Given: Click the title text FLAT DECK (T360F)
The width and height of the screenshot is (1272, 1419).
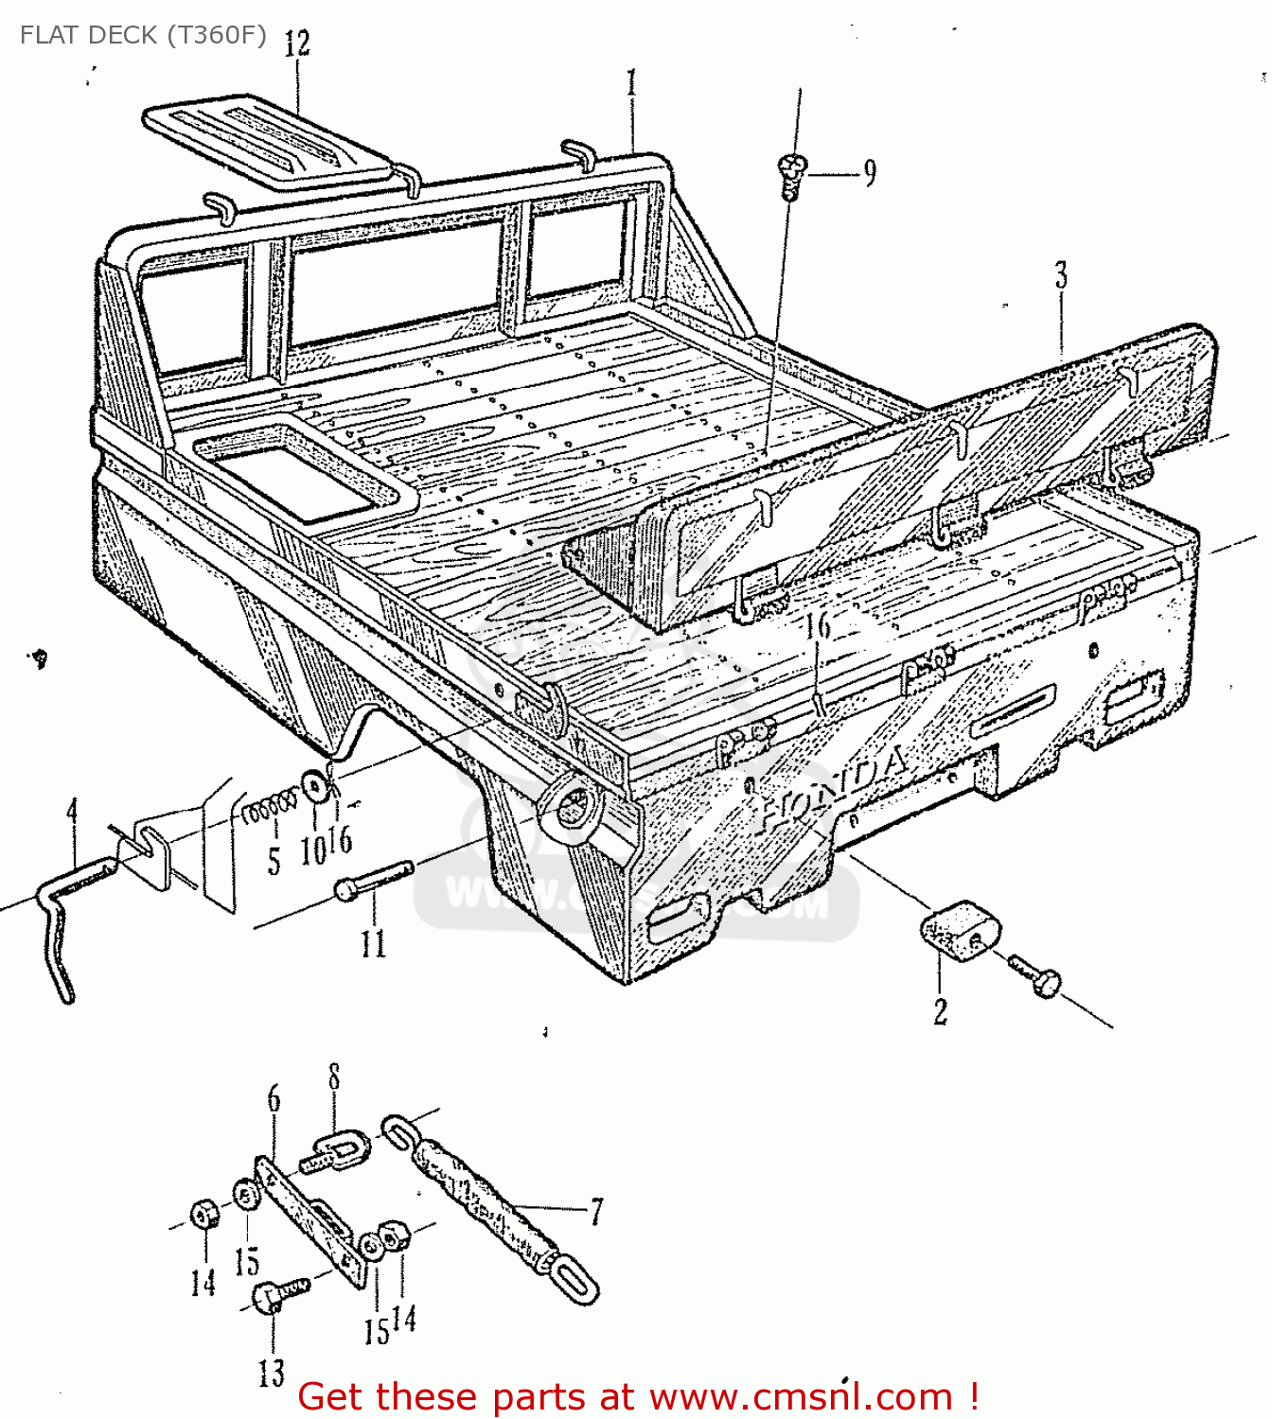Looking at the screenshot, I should [x=142, y=35].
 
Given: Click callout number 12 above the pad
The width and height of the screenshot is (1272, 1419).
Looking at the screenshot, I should [x=296, y=44].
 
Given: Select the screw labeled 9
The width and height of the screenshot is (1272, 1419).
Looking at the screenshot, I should [x=792, y=175].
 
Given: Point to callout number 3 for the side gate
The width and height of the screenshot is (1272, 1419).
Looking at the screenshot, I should [x=1061, y=276].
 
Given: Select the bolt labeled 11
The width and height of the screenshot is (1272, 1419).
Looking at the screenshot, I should [x=374, y=880].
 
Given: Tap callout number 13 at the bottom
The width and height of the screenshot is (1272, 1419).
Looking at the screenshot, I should [x=272, y=1372].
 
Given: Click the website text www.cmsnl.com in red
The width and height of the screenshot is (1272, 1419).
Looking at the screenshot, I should [x=801, y=1396].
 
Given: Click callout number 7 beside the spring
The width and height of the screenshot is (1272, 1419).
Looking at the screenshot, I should [x=596, y=1211].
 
